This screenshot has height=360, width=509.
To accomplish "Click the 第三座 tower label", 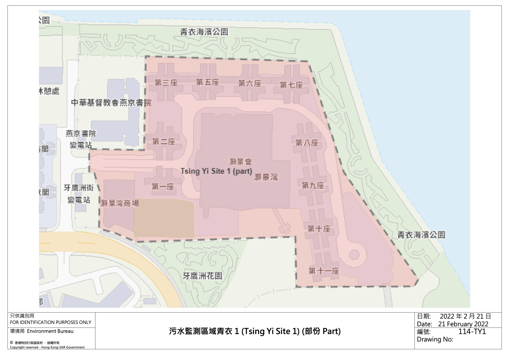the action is pos(166,83).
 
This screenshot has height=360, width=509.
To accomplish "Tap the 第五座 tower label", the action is pos(208,82).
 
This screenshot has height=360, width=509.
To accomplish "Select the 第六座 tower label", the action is pos(250,83).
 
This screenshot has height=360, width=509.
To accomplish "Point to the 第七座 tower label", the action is pos(291,85).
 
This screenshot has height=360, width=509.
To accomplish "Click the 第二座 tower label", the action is pos(164,142).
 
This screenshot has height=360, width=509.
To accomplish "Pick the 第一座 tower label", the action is pos(163,187).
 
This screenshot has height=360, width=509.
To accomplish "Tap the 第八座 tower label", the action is pos(307,143).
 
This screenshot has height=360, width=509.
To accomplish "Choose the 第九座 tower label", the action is pos(313,185).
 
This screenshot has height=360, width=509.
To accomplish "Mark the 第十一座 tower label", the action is pos(324,271).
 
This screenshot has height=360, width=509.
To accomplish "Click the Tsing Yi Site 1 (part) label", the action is pos(216,171).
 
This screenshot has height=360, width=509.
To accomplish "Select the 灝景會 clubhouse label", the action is pos(240,162).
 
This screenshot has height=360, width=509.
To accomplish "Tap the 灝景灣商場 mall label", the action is pos(120,203).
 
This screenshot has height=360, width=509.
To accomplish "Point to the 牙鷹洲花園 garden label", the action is pos(203,276).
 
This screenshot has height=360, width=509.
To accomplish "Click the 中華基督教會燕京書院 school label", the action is pos(111,103).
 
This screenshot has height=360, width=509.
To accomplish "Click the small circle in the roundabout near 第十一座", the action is pos(354,255).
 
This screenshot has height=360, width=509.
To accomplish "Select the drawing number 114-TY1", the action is pos(472,331).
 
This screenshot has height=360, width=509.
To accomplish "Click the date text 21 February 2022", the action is pos(463,324).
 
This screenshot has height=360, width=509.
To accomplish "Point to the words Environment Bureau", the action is pos(50,331).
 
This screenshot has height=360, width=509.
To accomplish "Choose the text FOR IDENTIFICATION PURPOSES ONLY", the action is pos(51,322).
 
